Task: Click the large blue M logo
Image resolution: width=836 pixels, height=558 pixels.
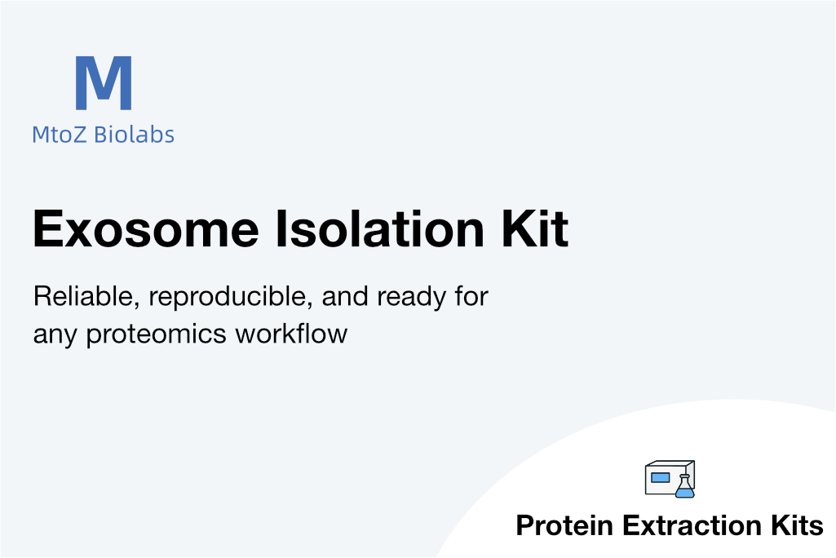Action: click(x=104, y=82)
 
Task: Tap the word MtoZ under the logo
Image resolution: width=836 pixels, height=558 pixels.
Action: click(x=59, y=135)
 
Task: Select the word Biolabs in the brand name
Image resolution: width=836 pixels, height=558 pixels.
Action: click(x=134, y=135)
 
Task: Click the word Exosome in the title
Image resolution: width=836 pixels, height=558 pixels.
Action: click(x=146, y=229)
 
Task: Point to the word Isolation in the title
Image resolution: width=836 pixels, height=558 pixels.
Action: click(x=380, y=229)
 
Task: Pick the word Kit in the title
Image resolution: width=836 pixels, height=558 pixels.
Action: click(x=535, y=229)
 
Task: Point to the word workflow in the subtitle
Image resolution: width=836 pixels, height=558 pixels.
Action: click(x=292, y=334)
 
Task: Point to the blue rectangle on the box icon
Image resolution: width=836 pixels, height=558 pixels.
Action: click(x=660, y=477)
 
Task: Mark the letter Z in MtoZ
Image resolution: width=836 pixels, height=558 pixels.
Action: click(x=79, y=135)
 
